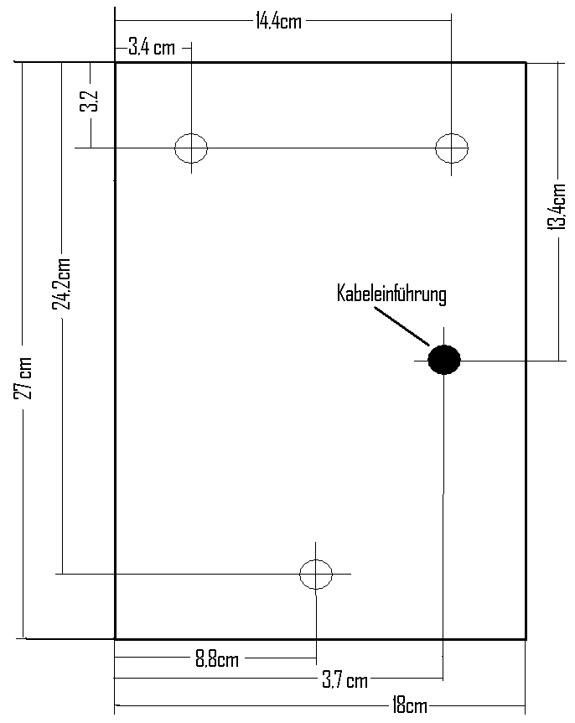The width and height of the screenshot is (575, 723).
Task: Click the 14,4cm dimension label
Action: coord(278,21)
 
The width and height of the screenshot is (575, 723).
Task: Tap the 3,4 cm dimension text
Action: coord(152,47)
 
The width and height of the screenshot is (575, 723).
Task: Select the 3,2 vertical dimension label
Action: coord(90,101)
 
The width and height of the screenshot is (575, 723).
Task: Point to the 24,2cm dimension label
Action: coord(61,283)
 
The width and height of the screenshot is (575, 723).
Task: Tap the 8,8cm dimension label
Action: coord(217,659)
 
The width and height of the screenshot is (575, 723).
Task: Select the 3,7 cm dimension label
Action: coord(344,680)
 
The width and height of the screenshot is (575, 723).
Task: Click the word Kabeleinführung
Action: coord(391,294)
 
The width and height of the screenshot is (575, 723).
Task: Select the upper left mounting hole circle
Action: coord(191,148)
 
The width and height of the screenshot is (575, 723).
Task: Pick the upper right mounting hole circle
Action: coord(451,148)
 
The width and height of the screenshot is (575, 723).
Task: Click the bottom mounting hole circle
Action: coord(316,574)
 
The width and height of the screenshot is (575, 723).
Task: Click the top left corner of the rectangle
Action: coord(115,62)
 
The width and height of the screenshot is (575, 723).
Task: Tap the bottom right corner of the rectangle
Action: coord(526,639)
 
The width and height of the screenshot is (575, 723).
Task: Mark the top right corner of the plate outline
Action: coord(526,62)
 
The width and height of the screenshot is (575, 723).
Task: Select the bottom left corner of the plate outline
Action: coord(115,639)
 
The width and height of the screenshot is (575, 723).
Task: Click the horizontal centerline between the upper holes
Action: coord(321,148)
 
